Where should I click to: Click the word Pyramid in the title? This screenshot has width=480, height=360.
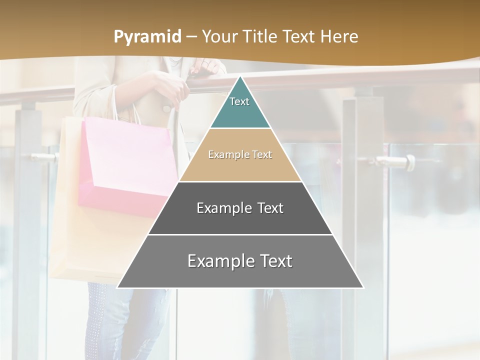[147, 37]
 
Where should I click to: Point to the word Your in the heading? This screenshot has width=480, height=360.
[219, 37]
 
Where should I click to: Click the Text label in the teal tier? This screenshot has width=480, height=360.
[239, 101]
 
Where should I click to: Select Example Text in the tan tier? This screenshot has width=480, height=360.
[240, 154]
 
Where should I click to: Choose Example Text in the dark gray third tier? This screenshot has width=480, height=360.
[240, 208]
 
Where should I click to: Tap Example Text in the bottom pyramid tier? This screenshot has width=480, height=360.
[240, 261]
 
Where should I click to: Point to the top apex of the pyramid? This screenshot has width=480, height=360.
[240, 76]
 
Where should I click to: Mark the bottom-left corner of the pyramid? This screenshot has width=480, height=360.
[117, 287]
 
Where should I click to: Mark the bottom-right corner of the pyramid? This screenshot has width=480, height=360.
[363, 287]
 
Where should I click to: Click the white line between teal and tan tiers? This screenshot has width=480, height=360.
[240, 128]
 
